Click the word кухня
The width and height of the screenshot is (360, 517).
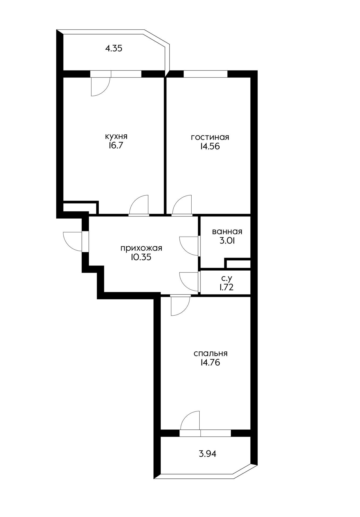116,137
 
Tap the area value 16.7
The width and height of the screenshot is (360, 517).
116,146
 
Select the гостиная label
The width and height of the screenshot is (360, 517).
210,137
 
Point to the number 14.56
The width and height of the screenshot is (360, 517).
210,146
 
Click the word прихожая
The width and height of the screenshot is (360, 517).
141,248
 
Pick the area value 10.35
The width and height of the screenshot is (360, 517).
141,257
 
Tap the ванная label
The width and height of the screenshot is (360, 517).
227,231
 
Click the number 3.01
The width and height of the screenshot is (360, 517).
227,240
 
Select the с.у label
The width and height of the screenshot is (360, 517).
226,278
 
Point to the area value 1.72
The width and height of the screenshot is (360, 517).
226,287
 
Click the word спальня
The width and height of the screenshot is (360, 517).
211,353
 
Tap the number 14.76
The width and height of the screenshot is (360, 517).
210,362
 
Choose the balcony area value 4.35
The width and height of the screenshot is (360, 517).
114,48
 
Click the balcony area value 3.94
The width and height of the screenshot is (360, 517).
207,454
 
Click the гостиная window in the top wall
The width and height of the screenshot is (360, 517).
206,74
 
